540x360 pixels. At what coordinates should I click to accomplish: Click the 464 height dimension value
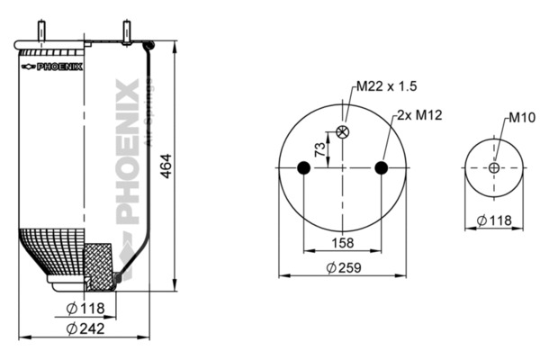pyautogui.click(x=166, y=166)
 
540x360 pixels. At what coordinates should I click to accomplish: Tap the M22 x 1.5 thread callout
pyautogui.click(x=386, y=86)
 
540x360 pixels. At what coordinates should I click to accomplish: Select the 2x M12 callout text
pyautogui.click(x=419, y=115)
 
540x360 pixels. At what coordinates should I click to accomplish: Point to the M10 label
pyautogui.click(x=522, y=118)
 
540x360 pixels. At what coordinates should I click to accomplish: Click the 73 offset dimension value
pyautogui.click(x=320, y=149)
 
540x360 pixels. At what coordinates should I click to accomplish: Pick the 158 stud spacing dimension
pyautogui.click(x=343, y=243)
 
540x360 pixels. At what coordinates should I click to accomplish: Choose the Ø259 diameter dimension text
pyautogui.click(x=344, y=267)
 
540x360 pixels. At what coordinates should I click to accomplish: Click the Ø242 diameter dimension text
pyautogui.click(x=85, y=328)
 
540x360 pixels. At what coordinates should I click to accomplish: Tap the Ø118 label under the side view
pyautogui.click(x=85, y=309)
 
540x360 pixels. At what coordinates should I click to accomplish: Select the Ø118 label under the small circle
pyautogui.click(x=494, y=220)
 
